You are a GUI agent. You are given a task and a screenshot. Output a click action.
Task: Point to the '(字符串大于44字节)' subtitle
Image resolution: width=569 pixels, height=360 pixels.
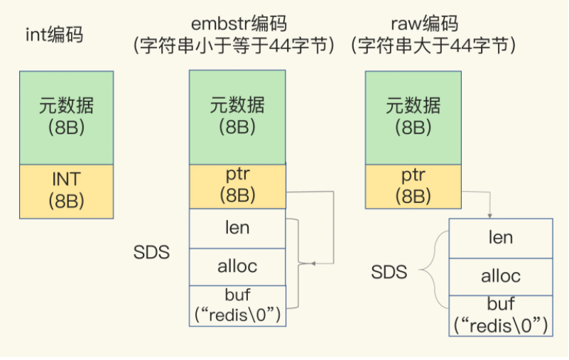[x=433, y=46]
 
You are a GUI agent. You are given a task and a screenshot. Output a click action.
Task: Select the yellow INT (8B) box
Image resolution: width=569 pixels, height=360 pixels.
[x=66, y=190]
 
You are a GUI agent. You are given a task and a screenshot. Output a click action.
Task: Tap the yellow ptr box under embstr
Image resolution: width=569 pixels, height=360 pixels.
[x=237, y=187]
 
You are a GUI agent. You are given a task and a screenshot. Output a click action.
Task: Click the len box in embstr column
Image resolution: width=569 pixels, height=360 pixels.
[x=237, y=229]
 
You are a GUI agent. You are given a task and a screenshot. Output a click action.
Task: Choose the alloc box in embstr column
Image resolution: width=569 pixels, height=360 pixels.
[x=237, y=267]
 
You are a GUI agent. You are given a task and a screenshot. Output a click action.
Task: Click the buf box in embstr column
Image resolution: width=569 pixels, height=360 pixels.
[x=237, y=305]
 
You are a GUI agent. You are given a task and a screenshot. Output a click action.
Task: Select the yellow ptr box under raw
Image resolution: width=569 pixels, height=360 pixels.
[x=413, y=187]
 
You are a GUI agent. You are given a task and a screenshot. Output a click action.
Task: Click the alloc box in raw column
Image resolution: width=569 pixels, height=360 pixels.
[x=501, y=276]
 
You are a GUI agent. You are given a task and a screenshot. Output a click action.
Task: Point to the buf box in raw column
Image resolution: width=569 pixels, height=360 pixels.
[x=501, y=315]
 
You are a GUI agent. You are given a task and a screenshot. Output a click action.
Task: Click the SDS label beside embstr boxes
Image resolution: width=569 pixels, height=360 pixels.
[x=151, y=253]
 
